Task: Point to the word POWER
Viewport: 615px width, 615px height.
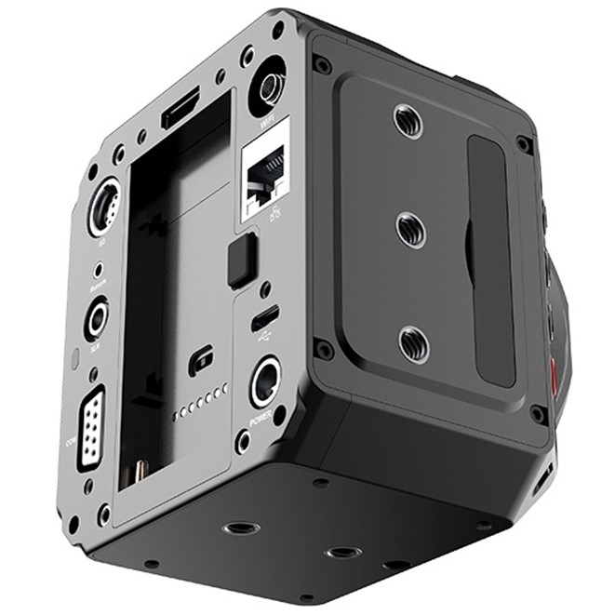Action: click(261, 419)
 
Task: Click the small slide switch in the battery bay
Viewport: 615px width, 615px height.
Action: click(199, 361)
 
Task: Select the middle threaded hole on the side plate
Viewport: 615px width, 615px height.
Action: click(409, 229)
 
